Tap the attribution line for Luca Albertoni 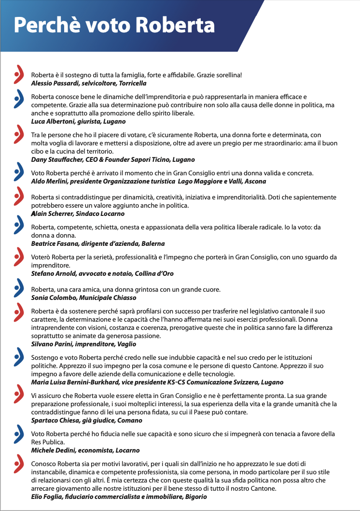(78, 121)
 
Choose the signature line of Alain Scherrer (78, 213)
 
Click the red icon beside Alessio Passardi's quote (18, 75)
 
